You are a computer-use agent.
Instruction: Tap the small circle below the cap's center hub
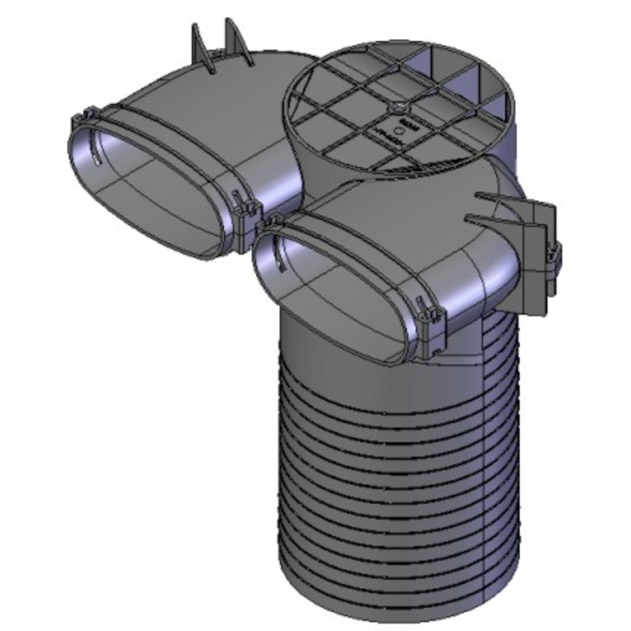(x=398, y=131)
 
